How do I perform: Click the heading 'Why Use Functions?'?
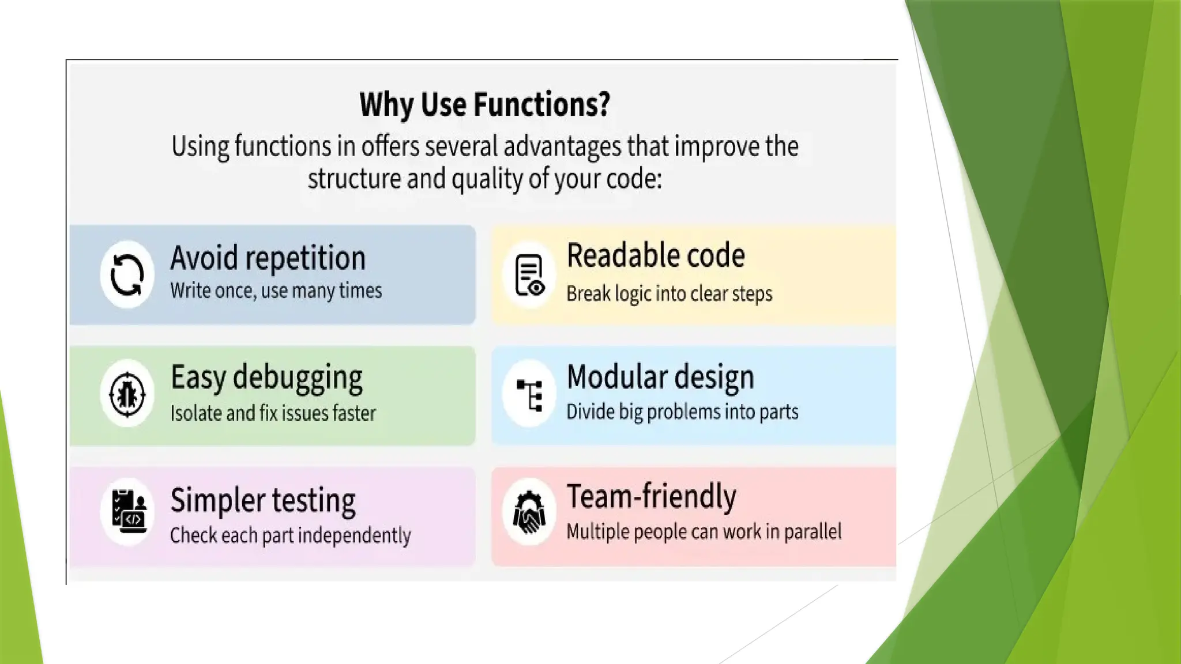click(x=484, y=104)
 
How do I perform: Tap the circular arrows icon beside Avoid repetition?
click(x=127, y=275)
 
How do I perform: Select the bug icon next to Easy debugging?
click(x=127, y=394)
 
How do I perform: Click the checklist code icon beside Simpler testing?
click(x=128, y=512)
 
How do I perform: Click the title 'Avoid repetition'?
click(x=268, y=258)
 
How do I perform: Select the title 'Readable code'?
click(x=656, y=255)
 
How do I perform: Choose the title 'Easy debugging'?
click(x=266, y=378)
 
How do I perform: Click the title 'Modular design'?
click(x=660, y=378)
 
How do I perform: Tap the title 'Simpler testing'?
click(x=263, y=500)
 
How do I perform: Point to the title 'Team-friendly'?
click(x=652, y=496)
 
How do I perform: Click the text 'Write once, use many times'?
click(x=276, y=290)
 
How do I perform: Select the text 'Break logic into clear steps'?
click(x=669, y=294)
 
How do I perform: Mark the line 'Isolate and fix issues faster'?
click(x=273, y=413)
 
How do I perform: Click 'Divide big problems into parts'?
click(x=682, y=412)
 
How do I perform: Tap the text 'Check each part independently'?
click(x=290, y=535)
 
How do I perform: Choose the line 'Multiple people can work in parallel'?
click(x=704, y=531)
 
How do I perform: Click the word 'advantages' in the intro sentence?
click(x=562, y=147)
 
